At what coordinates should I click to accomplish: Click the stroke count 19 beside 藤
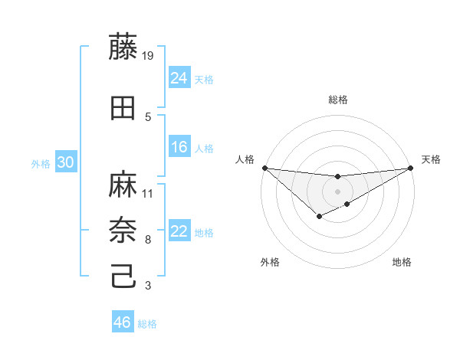click(x=149, y=56)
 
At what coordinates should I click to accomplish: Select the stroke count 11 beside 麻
click(x=149, y=193)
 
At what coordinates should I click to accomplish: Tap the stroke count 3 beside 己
click(x=147, y=286)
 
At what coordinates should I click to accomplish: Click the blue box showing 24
click(x=179, y=77)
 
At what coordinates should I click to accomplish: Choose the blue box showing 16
click(x=179, y=147)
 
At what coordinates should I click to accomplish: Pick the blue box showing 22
click(x=179, y=231)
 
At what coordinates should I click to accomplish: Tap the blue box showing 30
click(x=65, y=162)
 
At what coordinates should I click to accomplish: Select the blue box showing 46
click(x=123, y=322)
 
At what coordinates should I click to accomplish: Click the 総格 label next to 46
click(x=147, y=324)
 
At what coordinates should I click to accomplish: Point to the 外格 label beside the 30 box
click(x=41, y=164)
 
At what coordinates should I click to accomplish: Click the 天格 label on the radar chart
click(x=431, y=159)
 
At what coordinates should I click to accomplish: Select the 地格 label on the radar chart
click(x=402, y=263)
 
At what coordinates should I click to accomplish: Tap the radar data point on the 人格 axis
click(x=264, y=168)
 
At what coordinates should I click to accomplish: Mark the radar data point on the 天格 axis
click(x=411, y=168)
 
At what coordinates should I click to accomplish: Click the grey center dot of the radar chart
click(x=337, y=191)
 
